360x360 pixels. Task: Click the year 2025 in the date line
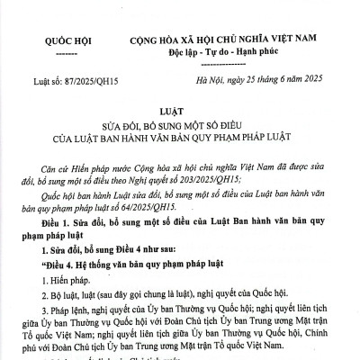(300, 81)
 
